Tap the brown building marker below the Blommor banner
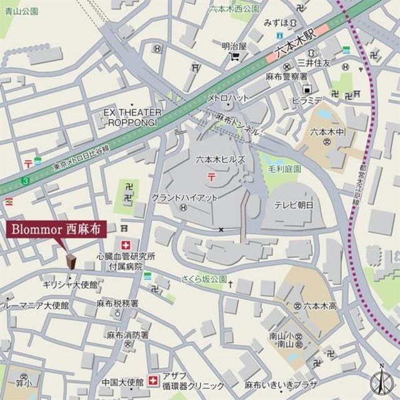point(72,261)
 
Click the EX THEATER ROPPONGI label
point(133,117)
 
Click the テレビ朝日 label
point(294,205)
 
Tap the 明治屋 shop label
point(235,46)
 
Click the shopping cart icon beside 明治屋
point(235,57)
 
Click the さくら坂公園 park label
point(203,278)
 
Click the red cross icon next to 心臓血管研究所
point(127,244)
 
